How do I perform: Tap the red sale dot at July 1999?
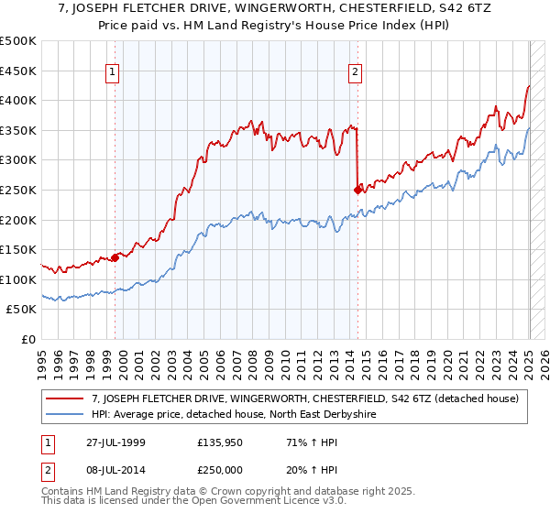click(x=115, y=257)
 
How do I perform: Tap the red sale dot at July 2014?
click(x=357, y=190)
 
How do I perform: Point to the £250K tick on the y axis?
click(x=18, y=190)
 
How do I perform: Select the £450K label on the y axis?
click(x=18, y=71)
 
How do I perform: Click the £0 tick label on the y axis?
click(x=28, y=339)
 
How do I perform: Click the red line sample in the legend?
click(x=66, y=398)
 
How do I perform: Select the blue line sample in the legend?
click(x=66, y=415)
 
